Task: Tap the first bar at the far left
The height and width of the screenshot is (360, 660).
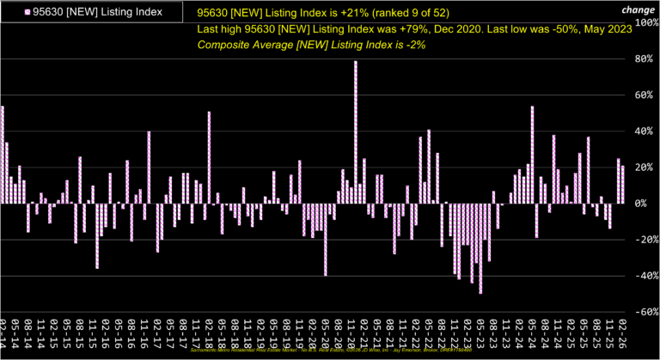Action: tap(3, 155)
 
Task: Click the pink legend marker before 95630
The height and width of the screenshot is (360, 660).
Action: tap(28, 12)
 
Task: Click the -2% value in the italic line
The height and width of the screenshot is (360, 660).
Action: tap(413, 45)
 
